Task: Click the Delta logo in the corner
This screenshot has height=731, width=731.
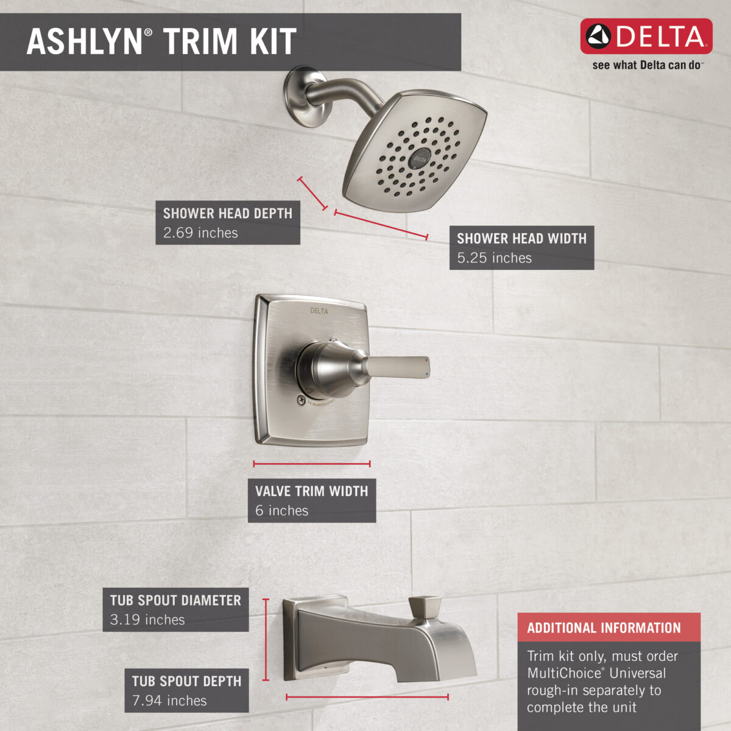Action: tap(646, 37)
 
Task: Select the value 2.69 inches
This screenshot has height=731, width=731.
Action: tap(200, 233)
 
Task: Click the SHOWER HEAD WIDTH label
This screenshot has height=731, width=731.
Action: tap(521, 239)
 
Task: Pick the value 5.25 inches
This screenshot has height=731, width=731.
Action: tap(494, 258)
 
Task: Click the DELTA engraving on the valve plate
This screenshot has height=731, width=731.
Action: tap(319, 311)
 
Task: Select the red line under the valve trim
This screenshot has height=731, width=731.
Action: tap(312, 464)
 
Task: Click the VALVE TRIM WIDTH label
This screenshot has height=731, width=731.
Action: tap(311, 491)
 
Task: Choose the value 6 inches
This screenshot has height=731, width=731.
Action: tap(281, 510)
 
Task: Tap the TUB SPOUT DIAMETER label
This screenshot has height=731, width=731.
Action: tap(175, 601)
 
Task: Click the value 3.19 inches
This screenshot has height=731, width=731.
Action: tap(147, 620)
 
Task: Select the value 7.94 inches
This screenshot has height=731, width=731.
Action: tap(169, 701)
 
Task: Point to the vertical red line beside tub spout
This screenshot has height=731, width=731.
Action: tap(266, 640)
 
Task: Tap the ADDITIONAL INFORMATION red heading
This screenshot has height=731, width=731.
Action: tap(604, 628)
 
